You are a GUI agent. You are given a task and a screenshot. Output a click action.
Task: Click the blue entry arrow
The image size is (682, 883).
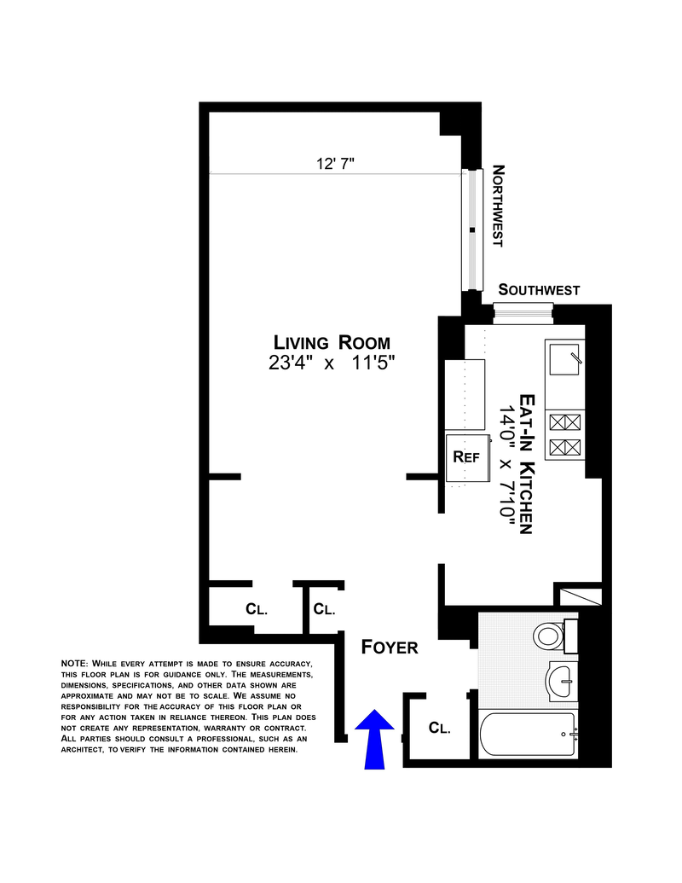(373, 739)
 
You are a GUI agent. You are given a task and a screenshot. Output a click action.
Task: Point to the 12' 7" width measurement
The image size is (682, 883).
(335, 165)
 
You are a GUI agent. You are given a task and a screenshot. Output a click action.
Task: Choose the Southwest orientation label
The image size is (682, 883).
(539, 290)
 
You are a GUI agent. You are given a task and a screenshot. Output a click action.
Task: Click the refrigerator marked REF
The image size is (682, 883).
(465, 457)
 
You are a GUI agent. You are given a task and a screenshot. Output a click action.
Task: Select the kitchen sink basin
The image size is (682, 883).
(564, 359)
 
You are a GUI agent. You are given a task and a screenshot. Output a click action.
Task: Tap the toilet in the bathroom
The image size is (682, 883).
(550, 635)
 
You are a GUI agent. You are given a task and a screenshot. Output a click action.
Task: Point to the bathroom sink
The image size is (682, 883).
(563, 680)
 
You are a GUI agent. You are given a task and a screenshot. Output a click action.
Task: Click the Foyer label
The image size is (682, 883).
(390, 648)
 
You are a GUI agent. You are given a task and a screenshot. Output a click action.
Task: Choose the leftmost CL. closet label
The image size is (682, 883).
(257, 609)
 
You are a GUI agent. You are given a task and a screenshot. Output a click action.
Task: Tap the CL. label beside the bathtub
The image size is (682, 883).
(439, 729)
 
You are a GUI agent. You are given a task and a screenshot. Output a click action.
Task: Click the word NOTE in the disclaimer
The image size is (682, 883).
(73, 664)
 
